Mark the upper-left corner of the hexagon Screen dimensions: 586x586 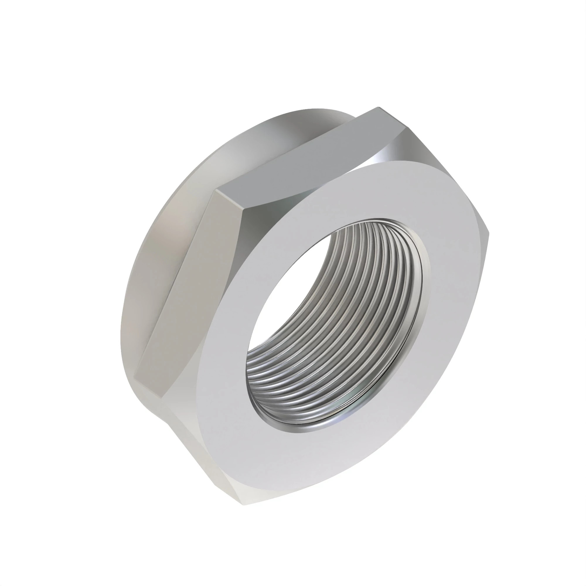(x=216, y=190)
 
